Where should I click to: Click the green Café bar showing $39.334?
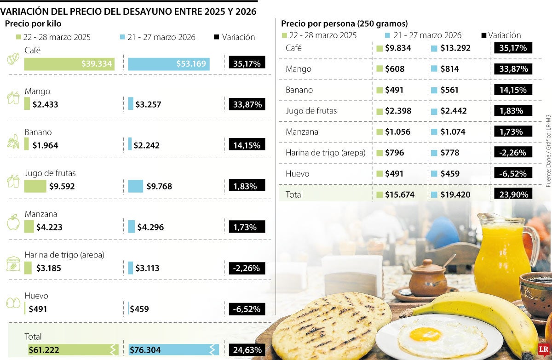69,64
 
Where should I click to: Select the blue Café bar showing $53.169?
168,64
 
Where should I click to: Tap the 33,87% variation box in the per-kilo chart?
247,104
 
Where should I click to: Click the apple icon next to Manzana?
13,222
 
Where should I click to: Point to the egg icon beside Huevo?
13,304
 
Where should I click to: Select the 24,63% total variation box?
247,350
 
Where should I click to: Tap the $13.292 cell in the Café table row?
455,48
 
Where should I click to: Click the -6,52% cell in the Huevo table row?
513,174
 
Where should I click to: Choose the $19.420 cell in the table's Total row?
455,194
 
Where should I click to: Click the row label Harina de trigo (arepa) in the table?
325,153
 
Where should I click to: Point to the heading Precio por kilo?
33,23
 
